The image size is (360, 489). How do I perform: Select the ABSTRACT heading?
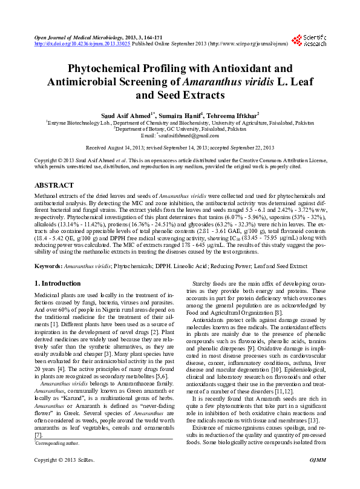point(54,185)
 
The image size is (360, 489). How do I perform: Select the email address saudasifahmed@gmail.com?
point(190,136)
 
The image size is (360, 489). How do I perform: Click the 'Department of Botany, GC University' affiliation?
point(180,129)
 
